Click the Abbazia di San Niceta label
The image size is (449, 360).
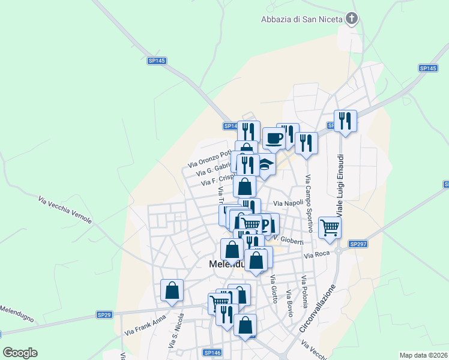(x=301, y=19)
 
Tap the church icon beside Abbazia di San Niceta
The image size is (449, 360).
(x=352, y=19)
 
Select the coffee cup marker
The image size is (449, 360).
(x=274, y=139)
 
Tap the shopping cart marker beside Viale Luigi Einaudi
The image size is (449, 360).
(x=330, y=228)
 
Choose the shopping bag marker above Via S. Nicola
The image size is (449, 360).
(x=172, y=290)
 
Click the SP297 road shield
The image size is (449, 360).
(x=358, y=244)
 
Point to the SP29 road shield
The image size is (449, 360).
(x=104, y=314)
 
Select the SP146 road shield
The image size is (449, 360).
(x=211, y=352)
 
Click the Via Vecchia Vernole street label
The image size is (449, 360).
(x=65, y=209)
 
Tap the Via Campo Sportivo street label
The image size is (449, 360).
(x=309, y=204)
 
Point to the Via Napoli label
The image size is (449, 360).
(x=288, y=204)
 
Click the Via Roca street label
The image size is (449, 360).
(x=317, y=255)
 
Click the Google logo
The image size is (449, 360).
(x=20, y=353)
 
